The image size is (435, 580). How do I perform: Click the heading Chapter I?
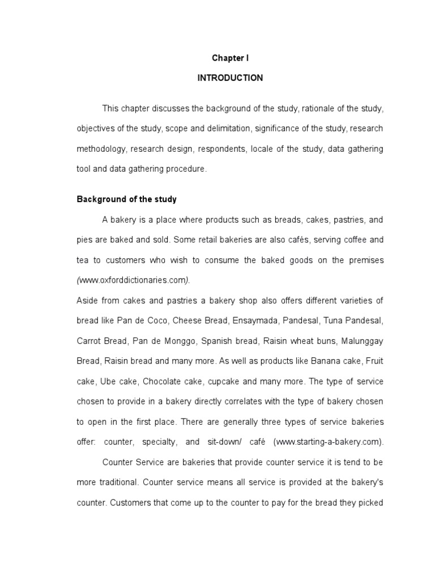[x=230, y=58]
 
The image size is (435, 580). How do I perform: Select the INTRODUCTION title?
[x=230, y=78]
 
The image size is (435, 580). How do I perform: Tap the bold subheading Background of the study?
[x=126, y=199]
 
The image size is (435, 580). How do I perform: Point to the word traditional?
[x=117, y=483]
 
